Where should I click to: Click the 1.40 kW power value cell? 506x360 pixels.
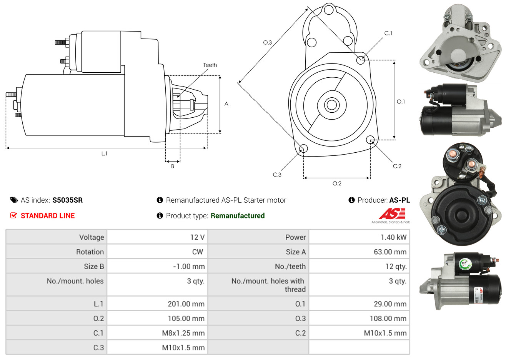(x=393, y=237)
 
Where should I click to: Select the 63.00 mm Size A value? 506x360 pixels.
(x=390, y=252)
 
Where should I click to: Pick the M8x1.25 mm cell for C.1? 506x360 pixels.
(x=183, y=333)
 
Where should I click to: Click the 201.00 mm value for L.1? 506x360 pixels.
(x=186, y=304)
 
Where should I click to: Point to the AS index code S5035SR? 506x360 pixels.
(x=67, y=200)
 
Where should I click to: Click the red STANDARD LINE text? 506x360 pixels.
(x=48, y=216)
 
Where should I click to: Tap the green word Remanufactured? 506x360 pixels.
(x=238, y=216)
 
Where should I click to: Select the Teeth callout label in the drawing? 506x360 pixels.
(x=210, y=65)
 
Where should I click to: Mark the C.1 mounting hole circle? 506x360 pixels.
(x=361, y=60)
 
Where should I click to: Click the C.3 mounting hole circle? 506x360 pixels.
(x=303, y=149)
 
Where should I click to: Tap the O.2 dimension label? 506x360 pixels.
(x=337, y=183)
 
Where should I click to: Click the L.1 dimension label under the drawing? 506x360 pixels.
(x=104, y=153)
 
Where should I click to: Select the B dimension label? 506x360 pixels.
(x=173, y=166)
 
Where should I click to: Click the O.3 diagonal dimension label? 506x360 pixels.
(x=267, y=42)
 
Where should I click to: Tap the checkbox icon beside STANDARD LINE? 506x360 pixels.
(x=13, y=215)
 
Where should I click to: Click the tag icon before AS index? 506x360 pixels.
(x=14, y=200)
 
